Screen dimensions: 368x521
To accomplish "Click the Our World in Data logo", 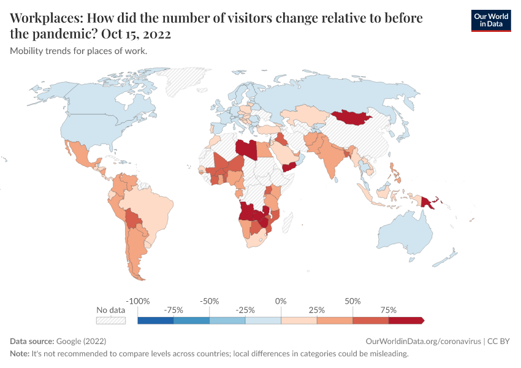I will (490, 20).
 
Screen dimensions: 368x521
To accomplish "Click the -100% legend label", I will (137, 301).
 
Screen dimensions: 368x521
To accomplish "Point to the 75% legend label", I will (389, 310).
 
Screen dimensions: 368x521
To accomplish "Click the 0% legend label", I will (281, 301).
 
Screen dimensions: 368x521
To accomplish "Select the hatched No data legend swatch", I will (111, 320).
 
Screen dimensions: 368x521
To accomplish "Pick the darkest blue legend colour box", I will (156, 320).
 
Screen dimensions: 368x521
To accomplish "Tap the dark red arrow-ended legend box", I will (406, 320).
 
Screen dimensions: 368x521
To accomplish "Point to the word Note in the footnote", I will (20, 354).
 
